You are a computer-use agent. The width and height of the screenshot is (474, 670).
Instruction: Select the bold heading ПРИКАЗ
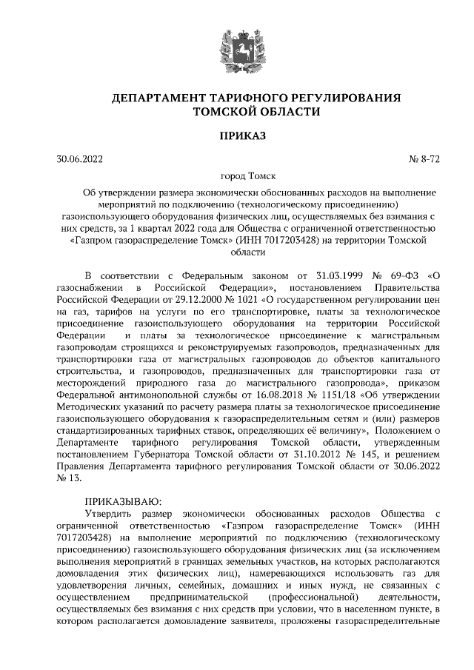point(236,135)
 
